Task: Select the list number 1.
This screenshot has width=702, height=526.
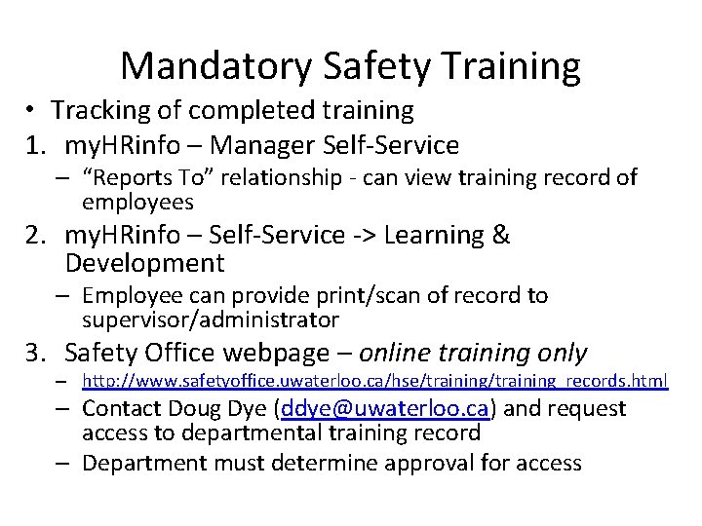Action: click(36, 146)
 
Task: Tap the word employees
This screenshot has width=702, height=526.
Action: click(137, 202)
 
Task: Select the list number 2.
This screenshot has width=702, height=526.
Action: click(36, 235)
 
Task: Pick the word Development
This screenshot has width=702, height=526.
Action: click(144, 263)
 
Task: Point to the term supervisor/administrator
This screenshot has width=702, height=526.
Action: click(211, 319)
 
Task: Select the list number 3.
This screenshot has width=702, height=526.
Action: click(36, 353)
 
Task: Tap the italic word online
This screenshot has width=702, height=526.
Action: click(406, 353)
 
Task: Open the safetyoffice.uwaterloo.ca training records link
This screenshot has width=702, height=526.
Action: click(374, 381)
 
